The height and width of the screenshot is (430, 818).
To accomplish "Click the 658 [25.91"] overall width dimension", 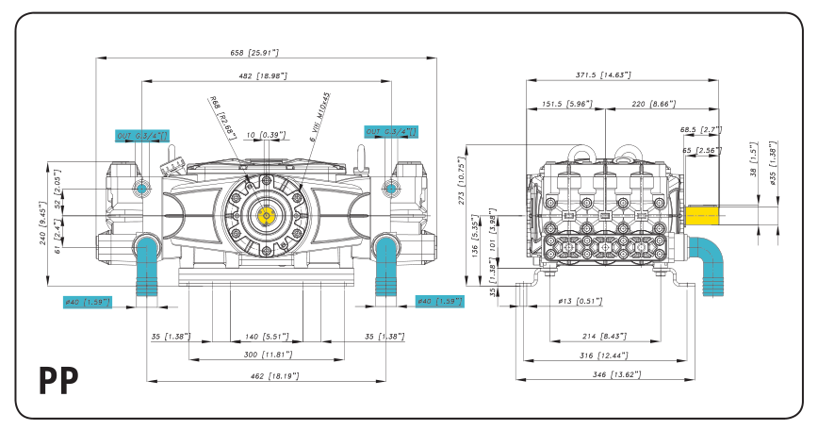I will [x=254, y=53].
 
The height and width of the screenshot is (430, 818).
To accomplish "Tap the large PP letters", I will [x=58, y=380].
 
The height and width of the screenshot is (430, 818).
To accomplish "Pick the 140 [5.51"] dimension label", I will [x=266, y=336].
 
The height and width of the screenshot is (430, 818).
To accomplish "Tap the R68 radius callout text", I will [x=222, y=114].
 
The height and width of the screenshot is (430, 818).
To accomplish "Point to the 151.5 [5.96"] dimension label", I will [x=565, y=105].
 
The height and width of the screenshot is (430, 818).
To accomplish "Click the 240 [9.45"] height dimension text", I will [x=43, y=227].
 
